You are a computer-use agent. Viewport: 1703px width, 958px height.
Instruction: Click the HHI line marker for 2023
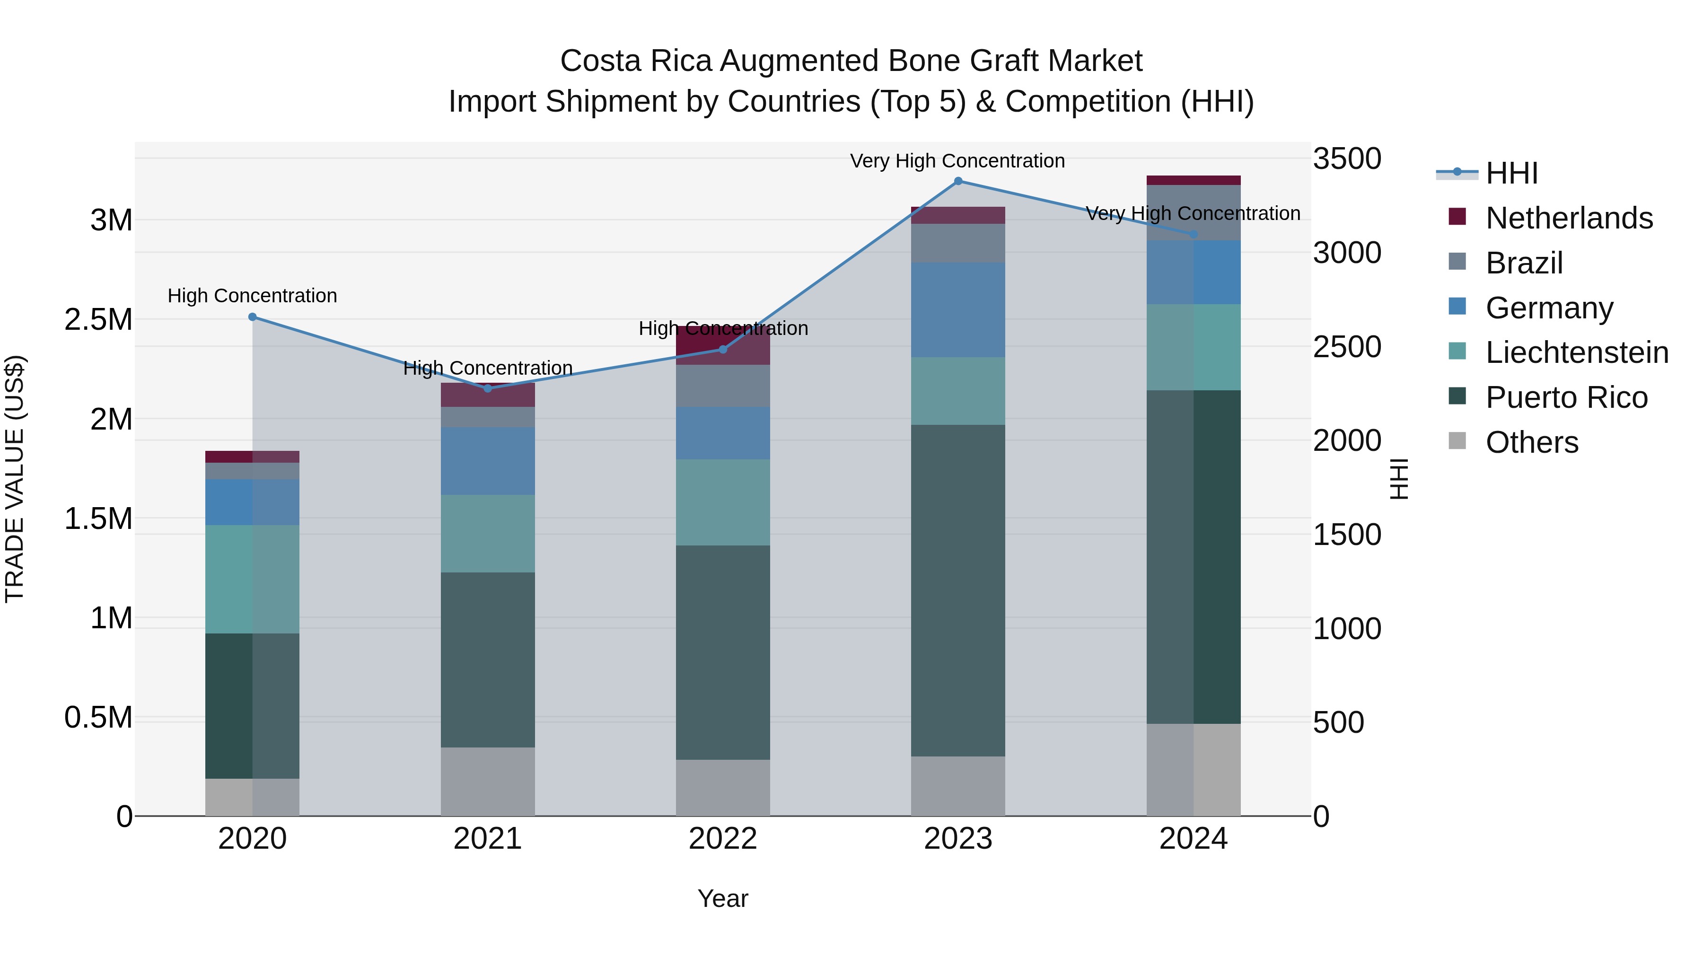pos(958,181)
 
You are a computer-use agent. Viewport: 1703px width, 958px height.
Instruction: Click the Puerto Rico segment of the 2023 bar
pos(958,590)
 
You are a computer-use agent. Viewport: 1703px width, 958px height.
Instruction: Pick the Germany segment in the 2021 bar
pos(488,461)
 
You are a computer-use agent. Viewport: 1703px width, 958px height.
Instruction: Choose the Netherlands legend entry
pos(1569,218)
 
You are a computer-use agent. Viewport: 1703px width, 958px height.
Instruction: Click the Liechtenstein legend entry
pos(1577,352)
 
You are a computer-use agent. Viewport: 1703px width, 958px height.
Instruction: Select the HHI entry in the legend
pos(1511,173)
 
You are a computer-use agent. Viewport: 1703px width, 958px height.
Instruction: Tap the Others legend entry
pos(1531,442)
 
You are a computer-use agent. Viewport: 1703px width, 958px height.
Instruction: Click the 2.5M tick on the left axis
pos(98,319)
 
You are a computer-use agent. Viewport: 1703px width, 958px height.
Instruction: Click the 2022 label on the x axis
pos(722,839)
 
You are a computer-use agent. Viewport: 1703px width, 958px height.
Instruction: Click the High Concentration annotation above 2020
pos(253,296)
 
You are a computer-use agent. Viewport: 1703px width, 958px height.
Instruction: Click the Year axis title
pos(722,898)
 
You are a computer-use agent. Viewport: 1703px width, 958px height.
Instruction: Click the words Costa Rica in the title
pos(635,61)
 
